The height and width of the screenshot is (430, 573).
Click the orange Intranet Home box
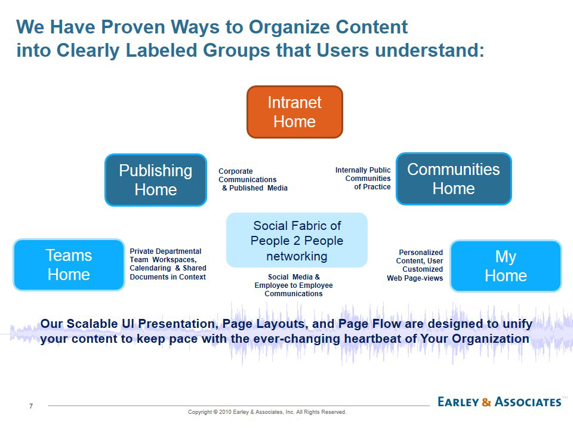click(295, 112)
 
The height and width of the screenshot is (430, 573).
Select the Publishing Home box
click(156, 180)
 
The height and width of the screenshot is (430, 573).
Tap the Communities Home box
click(454, 179)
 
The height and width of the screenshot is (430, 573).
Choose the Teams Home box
click(69, 265)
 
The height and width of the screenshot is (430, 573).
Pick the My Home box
click(506, 266)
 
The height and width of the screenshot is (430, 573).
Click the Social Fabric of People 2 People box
click(297, 241)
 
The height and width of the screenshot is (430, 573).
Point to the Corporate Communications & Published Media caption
click(252, 179)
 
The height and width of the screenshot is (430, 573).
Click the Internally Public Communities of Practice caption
click(363, 179)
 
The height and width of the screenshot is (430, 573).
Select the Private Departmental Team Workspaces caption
click(168, 264)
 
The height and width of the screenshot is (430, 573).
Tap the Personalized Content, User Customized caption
click(416, 265)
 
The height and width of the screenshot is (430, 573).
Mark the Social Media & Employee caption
click(294, 285)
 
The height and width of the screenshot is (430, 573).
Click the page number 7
click(31, 407)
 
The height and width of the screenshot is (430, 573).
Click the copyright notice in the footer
click(267, 412)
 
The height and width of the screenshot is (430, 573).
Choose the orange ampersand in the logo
click(486, 402)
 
